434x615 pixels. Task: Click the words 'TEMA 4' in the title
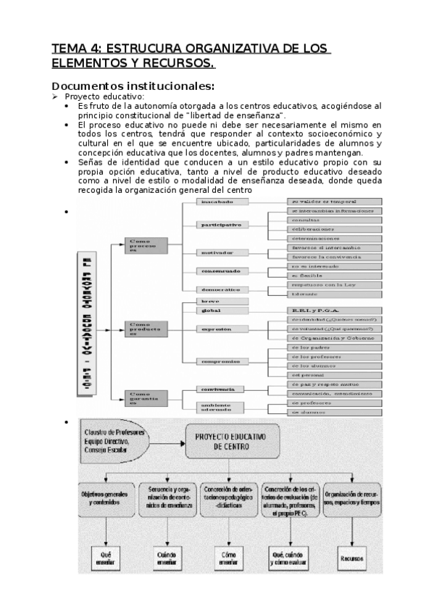tap(75, 49)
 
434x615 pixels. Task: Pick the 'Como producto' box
tap(146, 327)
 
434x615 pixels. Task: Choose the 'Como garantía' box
tap(146, 397)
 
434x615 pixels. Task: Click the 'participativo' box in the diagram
tap(221, 226)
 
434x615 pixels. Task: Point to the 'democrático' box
tap(221, 289)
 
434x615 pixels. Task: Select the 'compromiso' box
tap(221, 360)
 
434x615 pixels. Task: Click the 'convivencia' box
tap(221, 389)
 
